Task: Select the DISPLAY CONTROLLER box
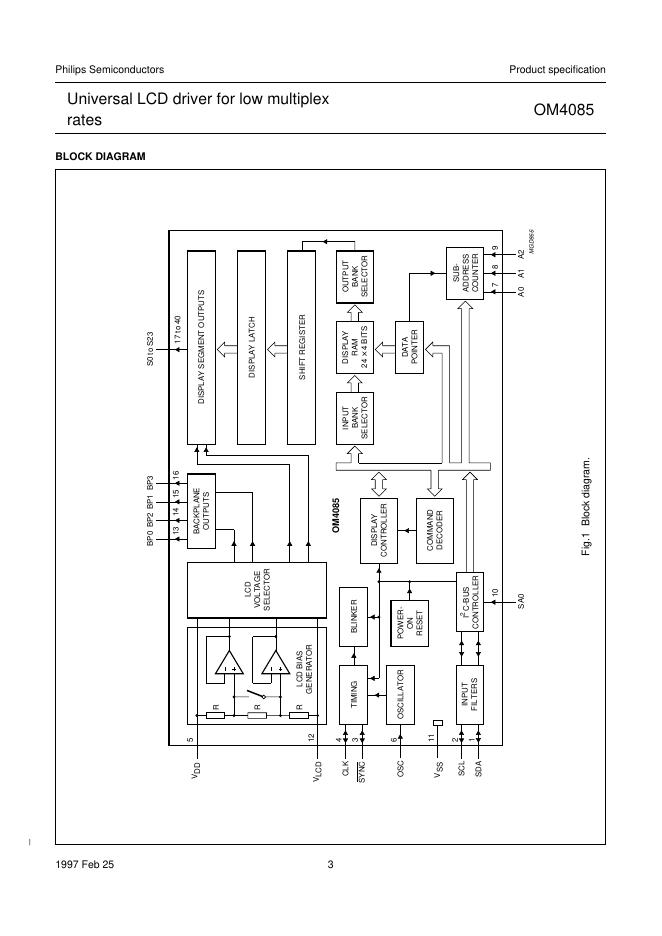(x=385, y=529)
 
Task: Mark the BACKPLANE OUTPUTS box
(x=203, y=517)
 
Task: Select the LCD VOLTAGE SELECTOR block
(x=257, y=590)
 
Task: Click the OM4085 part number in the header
(x=571, y=112)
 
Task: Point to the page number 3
(x=331, y=865)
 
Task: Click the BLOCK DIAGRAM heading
(x=100, y=156)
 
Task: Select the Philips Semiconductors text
(x=110, y=69)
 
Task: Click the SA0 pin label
(x=521, y=601)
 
